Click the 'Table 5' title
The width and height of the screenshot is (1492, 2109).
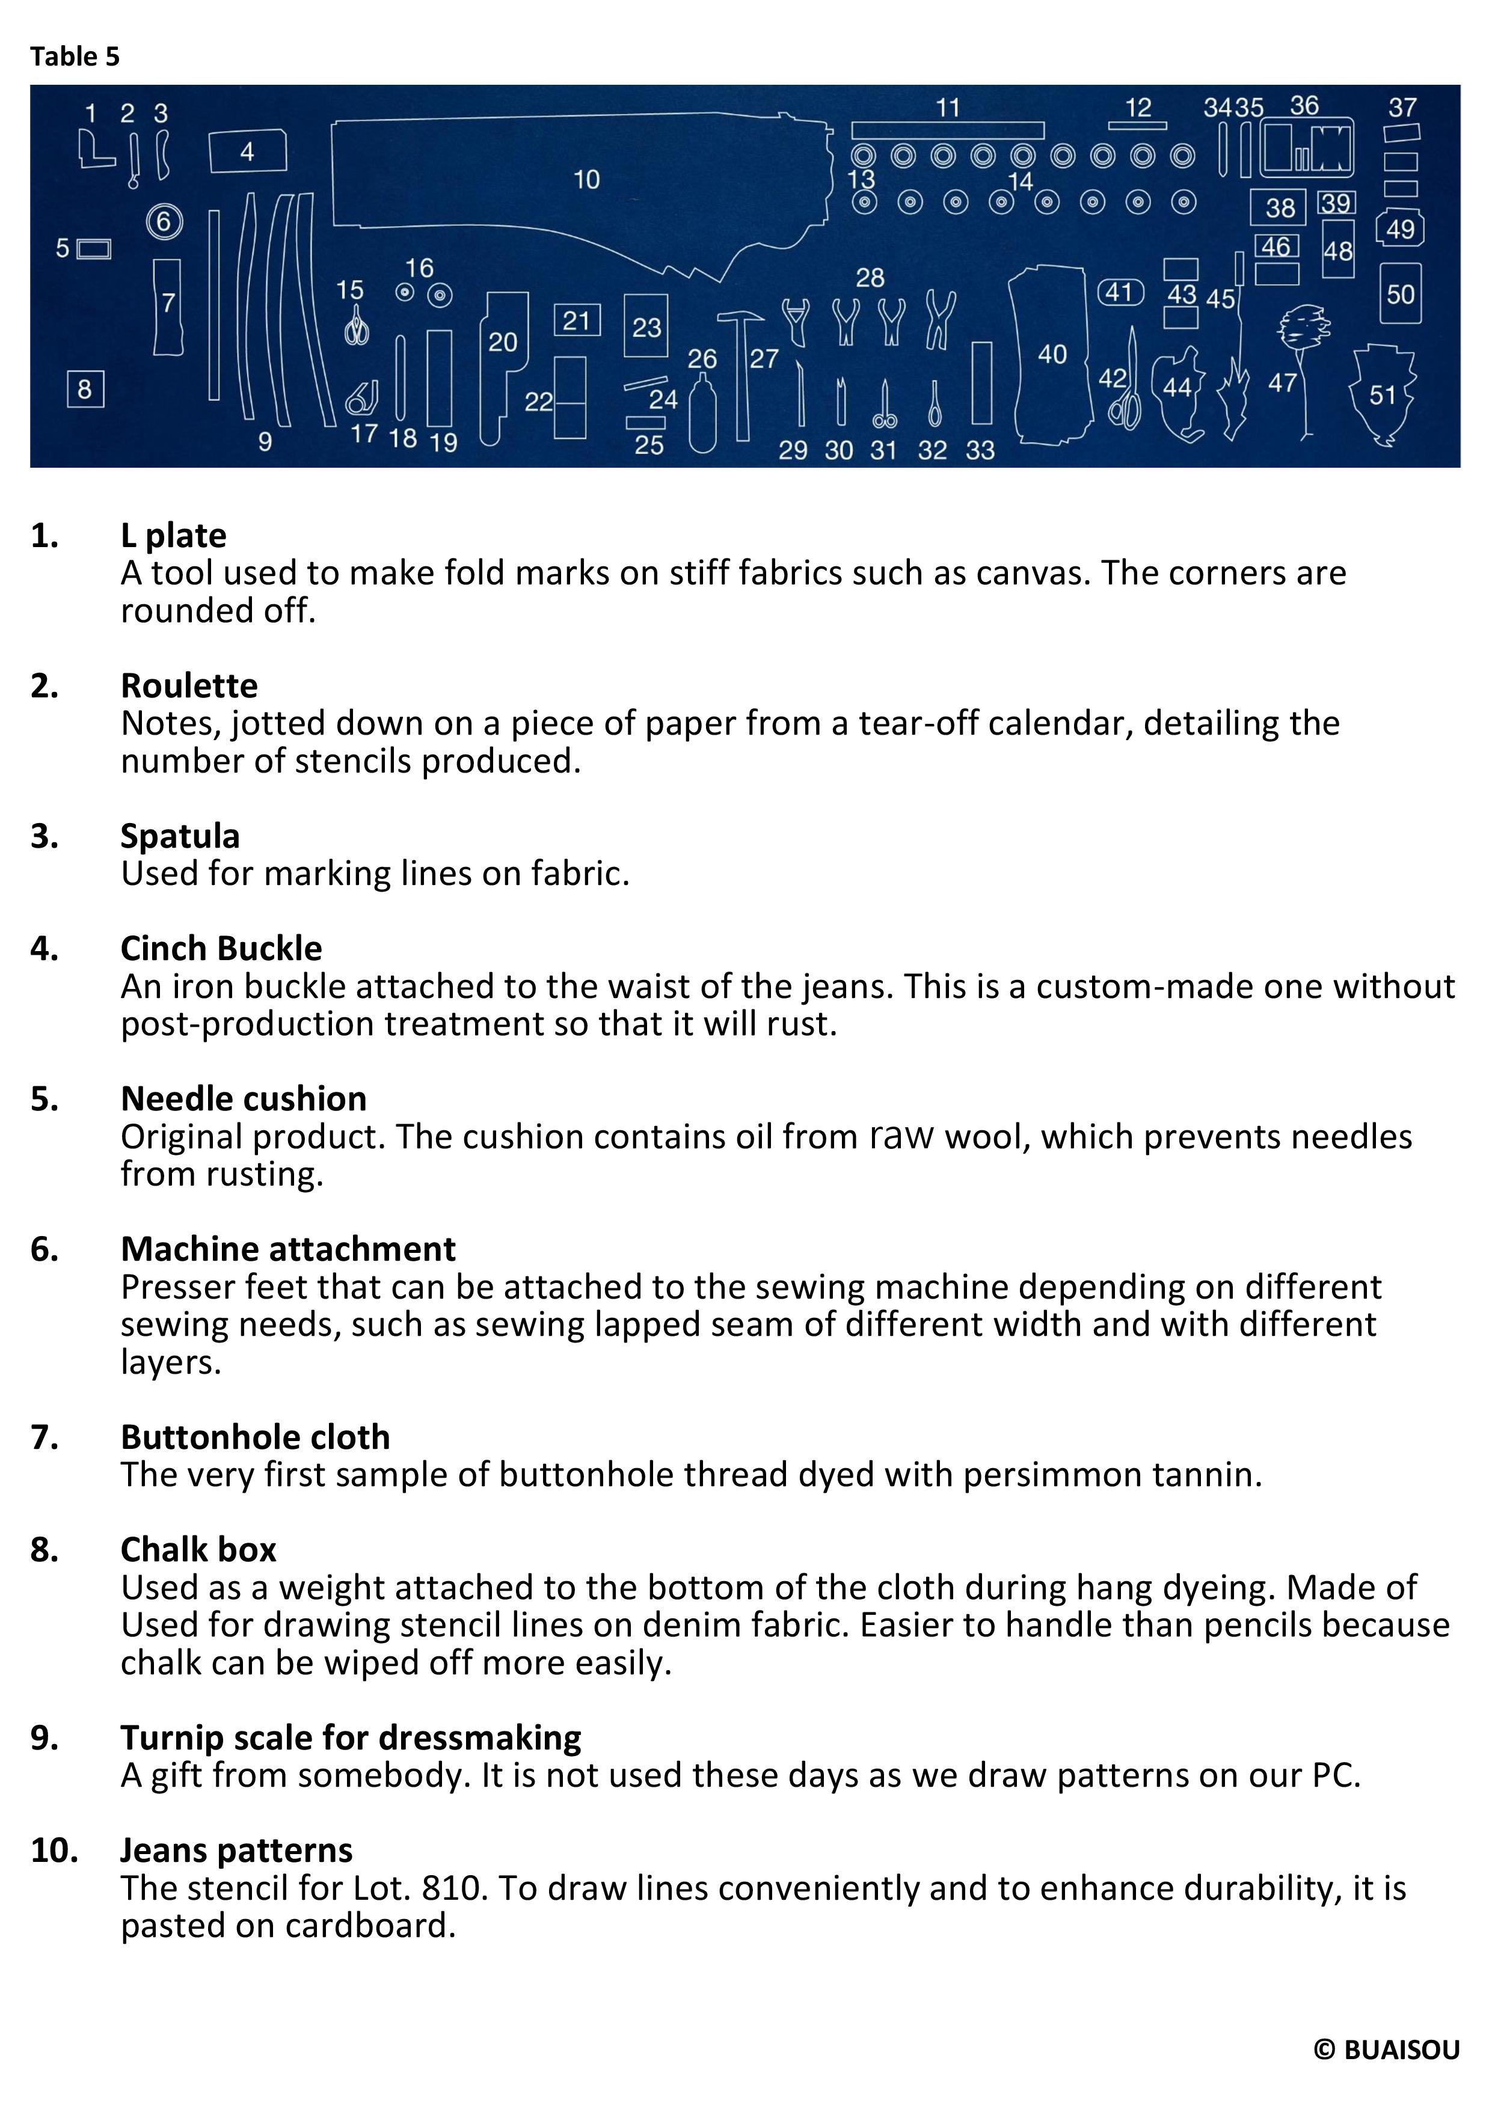tap(75, 57)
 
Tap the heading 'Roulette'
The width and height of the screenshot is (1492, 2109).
tap(189, 685)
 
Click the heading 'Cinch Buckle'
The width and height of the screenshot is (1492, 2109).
tap(221, 948)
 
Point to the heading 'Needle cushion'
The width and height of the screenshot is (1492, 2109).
tap(244, 1098)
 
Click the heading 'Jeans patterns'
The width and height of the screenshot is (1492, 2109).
tap(237, 1850)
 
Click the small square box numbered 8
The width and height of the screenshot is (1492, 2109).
tap(85, 390)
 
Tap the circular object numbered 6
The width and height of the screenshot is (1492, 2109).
tap(164, 221)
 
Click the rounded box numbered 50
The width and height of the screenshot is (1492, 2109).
tap(1400, 294)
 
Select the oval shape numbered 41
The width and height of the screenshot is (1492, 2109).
tap(1120, 293)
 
